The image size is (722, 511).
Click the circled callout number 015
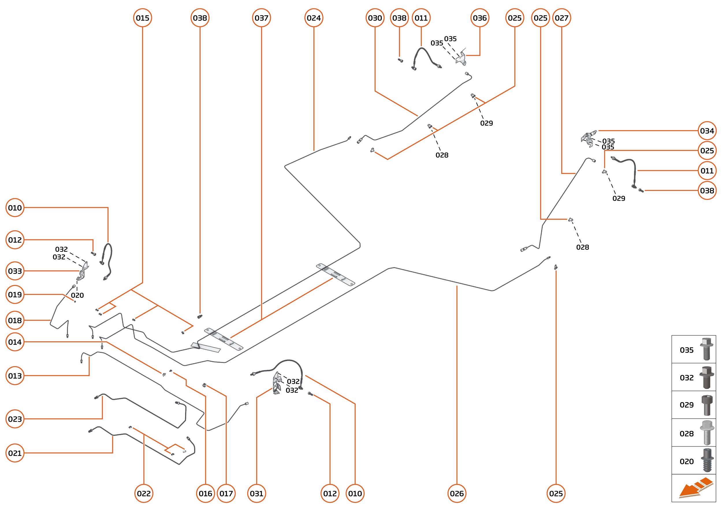(142, 18)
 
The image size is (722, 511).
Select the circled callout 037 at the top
(261, 18)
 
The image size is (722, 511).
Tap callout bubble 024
(314, 18)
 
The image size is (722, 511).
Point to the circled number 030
(375, 18)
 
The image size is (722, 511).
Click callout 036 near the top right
(480, 18)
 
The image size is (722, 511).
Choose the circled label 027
(561, 18)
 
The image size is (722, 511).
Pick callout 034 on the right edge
(707, 131)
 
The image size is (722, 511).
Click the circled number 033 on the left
(15, 271)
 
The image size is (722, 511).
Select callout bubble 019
(15, 295)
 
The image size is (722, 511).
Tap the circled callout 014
(15, 342)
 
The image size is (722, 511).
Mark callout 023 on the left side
(15, 419)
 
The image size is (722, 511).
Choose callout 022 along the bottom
(144, 493)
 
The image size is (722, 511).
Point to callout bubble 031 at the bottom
(256, 493)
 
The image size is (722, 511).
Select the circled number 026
(457, 493)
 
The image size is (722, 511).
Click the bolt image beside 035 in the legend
(707, 349)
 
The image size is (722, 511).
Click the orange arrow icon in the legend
(695, 488)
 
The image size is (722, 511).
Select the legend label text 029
(686, 405)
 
